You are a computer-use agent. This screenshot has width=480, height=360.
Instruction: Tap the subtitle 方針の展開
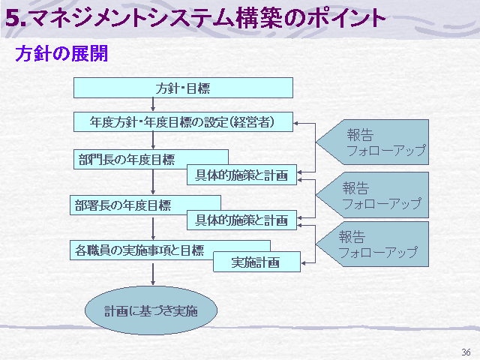point(61,53)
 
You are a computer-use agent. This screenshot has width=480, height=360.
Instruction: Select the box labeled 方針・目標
point(183,88)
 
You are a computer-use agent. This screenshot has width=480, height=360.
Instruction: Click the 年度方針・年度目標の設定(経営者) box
point(183,121)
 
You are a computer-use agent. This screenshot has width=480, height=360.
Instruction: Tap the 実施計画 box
point(256,262)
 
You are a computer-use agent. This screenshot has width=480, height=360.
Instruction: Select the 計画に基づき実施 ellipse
point(151,310)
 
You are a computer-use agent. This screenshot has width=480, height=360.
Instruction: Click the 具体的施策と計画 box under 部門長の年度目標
point(241,175)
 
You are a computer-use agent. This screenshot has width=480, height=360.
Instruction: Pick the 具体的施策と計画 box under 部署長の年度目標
point(241,220)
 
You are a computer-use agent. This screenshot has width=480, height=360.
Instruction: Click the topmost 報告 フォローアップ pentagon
point(372,142)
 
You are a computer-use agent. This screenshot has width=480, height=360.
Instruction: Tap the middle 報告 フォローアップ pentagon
point(372,195)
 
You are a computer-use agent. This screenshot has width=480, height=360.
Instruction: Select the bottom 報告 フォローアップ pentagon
point(372,244)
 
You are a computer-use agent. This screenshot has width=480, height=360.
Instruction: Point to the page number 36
point(466,352)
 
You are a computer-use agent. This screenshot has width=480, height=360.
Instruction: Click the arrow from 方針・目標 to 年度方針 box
point(153,105)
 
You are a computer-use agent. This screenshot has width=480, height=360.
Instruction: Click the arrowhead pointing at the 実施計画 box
point(303,262)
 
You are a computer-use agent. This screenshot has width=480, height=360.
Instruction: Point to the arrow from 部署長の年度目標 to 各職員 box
point(153,227)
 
